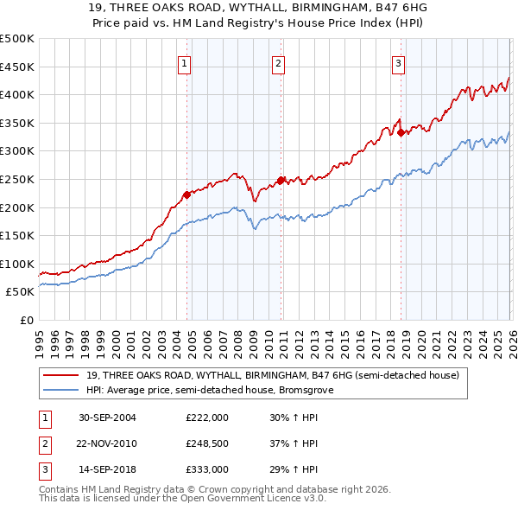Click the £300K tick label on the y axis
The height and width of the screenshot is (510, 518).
pyautogui.click(x=17, y=151)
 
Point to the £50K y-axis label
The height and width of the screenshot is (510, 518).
pyautogui.click(x=20, y=292)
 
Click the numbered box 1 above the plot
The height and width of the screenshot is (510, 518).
pyautogui.click(x=186, y=62)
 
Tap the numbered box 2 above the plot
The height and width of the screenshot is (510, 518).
pyautogui.click(x=279, y=62)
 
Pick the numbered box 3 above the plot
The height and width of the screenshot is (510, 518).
pyautogui.click(x=398, y=62)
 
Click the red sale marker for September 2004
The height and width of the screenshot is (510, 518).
pyautogui.click(x=187, y=194)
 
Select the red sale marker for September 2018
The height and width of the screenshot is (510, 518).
pyautogui.click(x=401, y=132)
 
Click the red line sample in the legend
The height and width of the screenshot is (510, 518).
pyautogui.click(x=61, y=375)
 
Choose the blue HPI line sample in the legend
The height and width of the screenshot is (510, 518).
pyautogui.click(x=61, y=390)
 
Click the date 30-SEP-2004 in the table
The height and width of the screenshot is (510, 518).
pyautogui.click(x=107, y=417)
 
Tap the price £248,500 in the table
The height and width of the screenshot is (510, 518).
pyautogui.click(x=207, y=443)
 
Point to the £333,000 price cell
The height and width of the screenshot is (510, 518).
pyautogui.click(x=207, y=469)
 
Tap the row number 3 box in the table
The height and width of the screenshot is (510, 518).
pyautogui.click(x=44, y=469)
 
